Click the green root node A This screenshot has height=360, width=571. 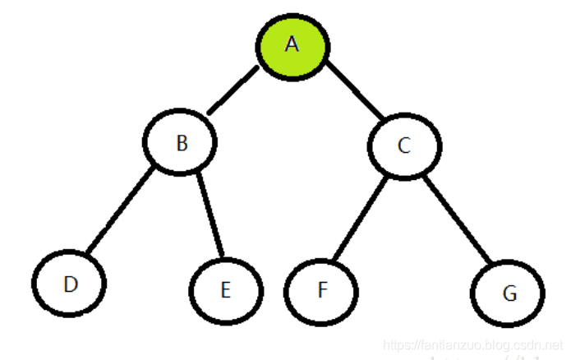pyautogui.click(x=293, y=45)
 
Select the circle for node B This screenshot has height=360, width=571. pyautogui.click(x=182, y=143)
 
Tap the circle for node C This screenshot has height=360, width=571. pyautogui.click(x=403, y=146)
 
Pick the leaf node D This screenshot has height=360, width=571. pyautogui.click(x=70, y=284)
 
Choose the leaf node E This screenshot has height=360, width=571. pyautogui.click(x=226, y=290)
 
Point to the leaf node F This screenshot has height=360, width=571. pyautogui.click(x=321, y=291)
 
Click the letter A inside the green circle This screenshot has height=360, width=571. pyautogui.click(x=292, y=44)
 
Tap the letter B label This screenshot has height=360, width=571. pyautogui.click(x=182, y=143)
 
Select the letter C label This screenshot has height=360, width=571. pyautogui.click(x=403, y=146)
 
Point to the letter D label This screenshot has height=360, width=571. pyautogui.click(x=71, y=284)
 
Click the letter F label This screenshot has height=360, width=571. pyautogui.click(x=321, y=291)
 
